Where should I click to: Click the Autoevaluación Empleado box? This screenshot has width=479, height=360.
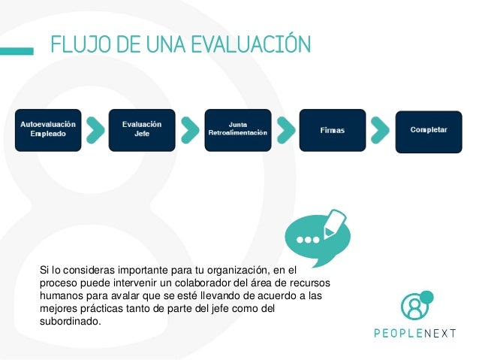47,129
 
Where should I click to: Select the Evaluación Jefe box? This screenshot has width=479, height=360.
143,129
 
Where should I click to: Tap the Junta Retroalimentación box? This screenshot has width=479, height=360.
237,129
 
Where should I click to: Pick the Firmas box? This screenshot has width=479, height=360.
332,130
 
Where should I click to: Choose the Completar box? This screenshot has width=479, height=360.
429,130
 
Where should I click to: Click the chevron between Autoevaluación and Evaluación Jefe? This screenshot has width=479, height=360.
95,129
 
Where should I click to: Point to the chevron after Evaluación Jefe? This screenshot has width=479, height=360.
190,129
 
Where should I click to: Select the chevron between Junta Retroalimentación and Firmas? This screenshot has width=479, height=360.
285,129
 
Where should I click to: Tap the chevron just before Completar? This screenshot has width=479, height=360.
381,129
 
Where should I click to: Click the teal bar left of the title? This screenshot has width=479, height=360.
17,51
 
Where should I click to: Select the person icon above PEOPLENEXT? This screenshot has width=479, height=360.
414,305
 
